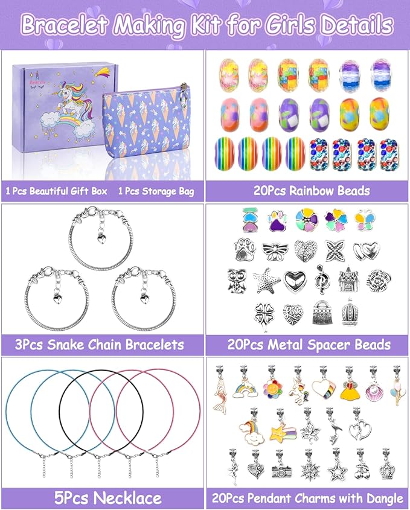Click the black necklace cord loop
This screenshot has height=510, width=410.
(59, 412)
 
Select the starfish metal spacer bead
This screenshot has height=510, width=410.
(266, 280)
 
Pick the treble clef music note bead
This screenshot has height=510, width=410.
(322, 279)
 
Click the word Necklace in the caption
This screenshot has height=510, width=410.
(129, 498)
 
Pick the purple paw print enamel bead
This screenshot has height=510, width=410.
(278, 221)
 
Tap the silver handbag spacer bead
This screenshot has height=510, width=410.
(322, 312)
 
